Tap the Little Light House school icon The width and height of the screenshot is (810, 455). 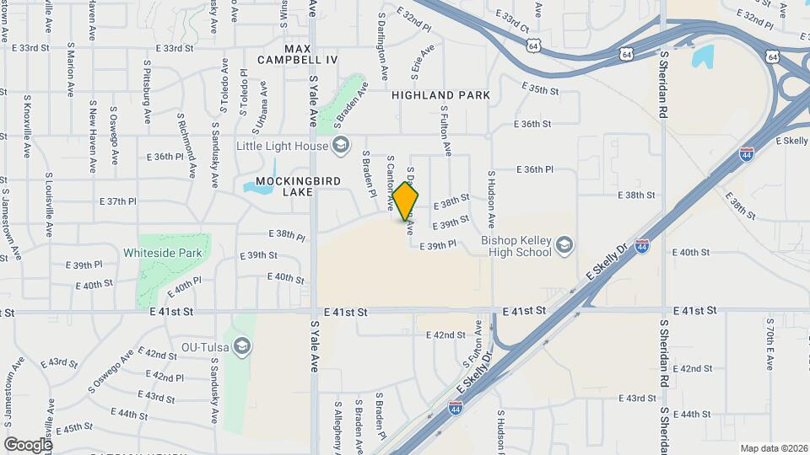click(341, 146)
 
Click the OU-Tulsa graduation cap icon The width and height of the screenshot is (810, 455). click(242, 346)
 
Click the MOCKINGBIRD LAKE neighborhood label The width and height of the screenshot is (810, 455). click(284, 186)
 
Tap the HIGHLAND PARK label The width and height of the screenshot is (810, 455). click(440, 96)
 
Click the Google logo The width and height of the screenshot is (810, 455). click(28, 444)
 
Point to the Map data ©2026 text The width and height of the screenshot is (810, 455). click(772, 447)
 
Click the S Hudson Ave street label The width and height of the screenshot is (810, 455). click(490, 199)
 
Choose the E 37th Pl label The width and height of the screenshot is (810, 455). click(117, 202)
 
